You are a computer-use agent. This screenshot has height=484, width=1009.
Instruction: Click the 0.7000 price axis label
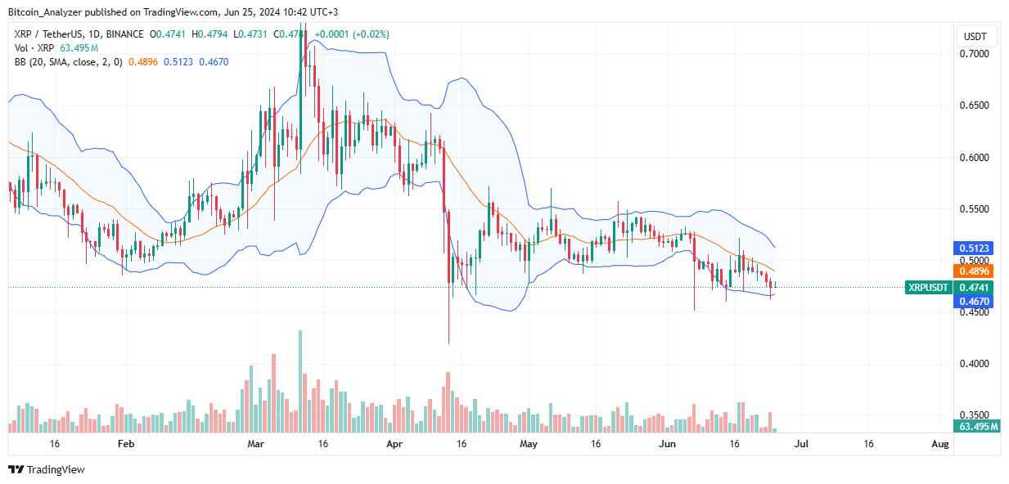click(973, 54)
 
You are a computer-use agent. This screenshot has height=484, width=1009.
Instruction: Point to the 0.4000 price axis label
click(973, 364)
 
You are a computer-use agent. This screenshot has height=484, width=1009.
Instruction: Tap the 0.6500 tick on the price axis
click(973, 106)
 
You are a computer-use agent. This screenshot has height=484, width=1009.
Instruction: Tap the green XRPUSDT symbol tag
click(927, 287)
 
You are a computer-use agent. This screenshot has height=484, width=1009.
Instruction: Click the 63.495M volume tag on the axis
click(977, 427)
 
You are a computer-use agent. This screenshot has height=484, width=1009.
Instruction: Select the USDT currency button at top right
click(975, 36)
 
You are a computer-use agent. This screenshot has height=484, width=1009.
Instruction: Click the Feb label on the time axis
click(125, 444)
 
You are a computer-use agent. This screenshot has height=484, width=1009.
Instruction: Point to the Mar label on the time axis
click(256, 444)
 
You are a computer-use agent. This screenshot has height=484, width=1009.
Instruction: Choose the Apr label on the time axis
click(394, 444)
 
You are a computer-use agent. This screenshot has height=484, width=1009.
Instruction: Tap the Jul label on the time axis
click(801, 444)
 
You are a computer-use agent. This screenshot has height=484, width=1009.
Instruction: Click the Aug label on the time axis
click(940, 444)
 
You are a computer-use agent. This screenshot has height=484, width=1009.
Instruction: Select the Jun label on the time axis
click(668, 444)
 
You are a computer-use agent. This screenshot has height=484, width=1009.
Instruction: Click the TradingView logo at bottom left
click(47, 470)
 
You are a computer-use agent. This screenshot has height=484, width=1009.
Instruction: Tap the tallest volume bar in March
click(300, 381)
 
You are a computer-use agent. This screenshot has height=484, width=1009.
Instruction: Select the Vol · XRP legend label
click(29, 48)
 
